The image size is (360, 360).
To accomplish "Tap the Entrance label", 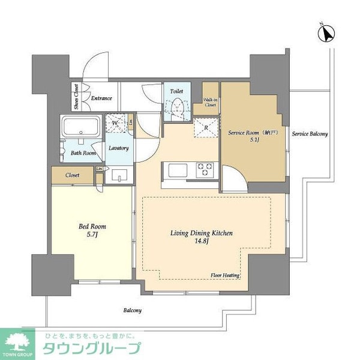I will click(x=101, y=98).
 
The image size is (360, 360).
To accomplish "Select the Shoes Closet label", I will click(x=76, y=97).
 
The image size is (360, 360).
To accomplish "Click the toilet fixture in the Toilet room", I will click(x=178, y=109).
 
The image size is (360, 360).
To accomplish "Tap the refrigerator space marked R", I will click(x=206, y=127).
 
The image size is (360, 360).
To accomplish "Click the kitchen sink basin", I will click(x=179, y=170).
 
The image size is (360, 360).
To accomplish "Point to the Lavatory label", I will click(x=118, y=148).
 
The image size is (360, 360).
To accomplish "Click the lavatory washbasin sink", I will click(x=119, y=176).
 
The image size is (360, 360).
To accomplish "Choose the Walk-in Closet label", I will click(x=210, y=102).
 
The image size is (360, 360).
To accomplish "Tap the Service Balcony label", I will click(x=310, y=134).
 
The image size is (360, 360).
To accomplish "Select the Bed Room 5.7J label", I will click(x=92, y=230).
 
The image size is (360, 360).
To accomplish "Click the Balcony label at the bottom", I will click(x=133, y=310).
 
